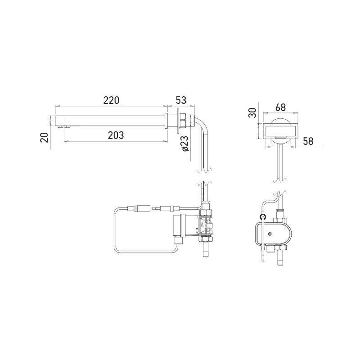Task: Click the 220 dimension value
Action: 111,101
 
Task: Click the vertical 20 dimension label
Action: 44,137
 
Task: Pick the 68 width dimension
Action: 280,108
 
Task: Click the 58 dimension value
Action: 308,140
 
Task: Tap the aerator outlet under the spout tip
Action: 65,127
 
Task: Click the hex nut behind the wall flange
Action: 184,121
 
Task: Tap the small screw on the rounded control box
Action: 270,234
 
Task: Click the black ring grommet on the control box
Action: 263,217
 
